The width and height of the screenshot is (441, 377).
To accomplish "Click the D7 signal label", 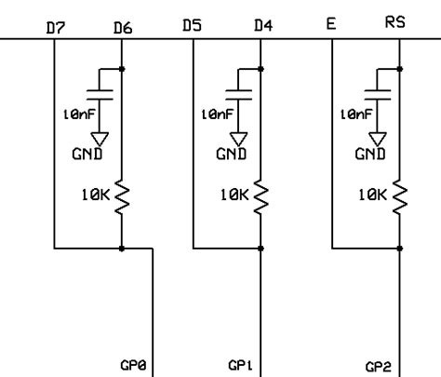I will (55, 28).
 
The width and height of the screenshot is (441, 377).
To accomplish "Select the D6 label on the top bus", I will (123, 28).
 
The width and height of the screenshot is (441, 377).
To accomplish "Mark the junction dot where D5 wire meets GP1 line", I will (262, 249).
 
